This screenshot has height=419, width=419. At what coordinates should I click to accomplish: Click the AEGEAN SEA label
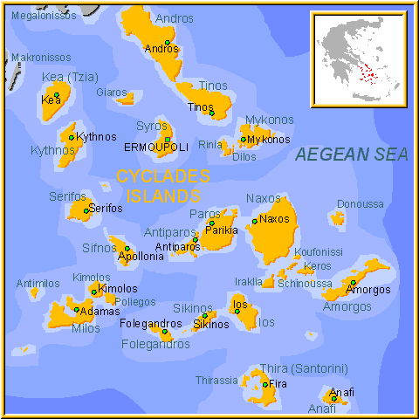click(x=351, y=155)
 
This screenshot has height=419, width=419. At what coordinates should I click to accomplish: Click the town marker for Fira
click(x=265, y=383)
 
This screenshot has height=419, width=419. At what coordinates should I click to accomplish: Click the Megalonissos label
click(x=43, y=16)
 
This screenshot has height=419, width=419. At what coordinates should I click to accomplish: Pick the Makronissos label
click(x=41, y=58)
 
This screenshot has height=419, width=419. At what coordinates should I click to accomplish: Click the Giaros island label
click(x=111, y=92)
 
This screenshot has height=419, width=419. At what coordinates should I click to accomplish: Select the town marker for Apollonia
click(x=127, y=249)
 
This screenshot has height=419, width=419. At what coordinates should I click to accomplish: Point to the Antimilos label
click(x=38, y=283)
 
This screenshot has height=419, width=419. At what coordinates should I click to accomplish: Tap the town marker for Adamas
click(x=76, y=309)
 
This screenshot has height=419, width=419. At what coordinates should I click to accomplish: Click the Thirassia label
click(x=216, y=380)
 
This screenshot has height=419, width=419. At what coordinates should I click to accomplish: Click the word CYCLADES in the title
click(x=163, y=175)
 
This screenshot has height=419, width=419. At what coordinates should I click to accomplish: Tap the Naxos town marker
click(x=254, y=221)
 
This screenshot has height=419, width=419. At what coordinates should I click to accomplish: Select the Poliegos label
click(x=134, y=301)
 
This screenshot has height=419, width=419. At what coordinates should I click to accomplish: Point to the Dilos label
click(x=244, y=157)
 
